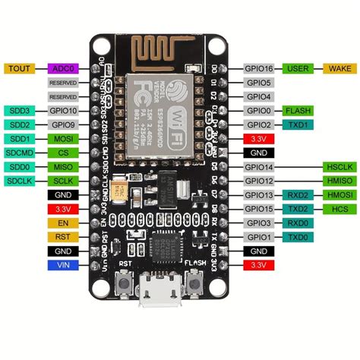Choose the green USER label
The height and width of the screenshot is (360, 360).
tap(298, 68)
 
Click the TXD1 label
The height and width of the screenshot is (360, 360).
tap(298, 125)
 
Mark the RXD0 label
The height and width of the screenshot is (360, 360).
tap(298, 223)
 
